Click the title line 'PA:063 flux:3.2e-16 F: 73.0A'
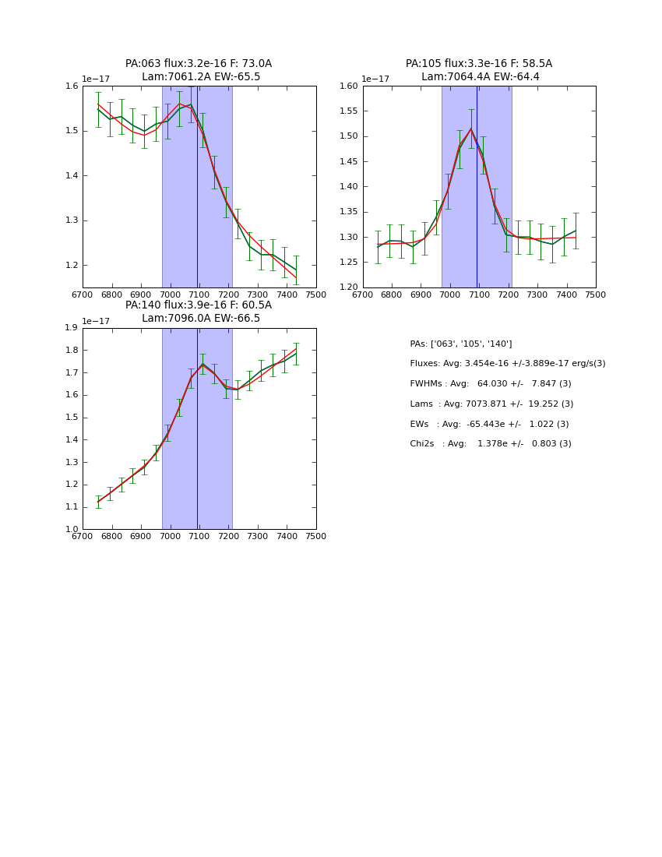click(x=199, y=64)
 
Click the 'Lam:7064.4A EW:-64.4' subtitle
click(x=480, y=77)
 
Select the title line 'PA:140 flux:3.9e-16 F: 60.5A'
click(x=199, y=305)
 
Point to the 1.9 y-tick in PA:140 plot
click(x=71, y=328)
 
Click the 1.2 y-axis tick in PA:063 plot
click(x=71, y=266)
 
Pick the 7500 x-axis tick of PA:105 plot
click(x=596, y=294)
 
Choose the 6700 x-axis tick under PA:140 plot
click(x=83, y=536)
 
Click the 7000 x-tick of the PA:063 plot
click(x=170, y=294)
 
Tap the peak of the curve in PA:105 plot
click(x=470, y=129)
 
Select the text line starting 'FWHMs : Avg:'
click(x=491, y=384)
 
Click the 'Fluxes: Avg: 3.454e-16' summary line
click(x=507, y=364)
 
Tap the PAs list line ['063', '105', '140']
click(x=461, y=344)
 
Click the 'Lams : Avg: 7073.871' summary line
click(x=491, y=404)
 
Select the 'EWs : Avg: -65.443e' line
click(x=489, y=425)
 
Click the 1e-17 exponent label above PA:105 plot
click(x=375, y=79)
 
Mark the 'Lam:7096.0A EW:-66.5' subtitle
click(x=201, y=319)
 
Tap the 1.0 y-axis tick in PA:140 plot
click(x=71, y=530)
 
